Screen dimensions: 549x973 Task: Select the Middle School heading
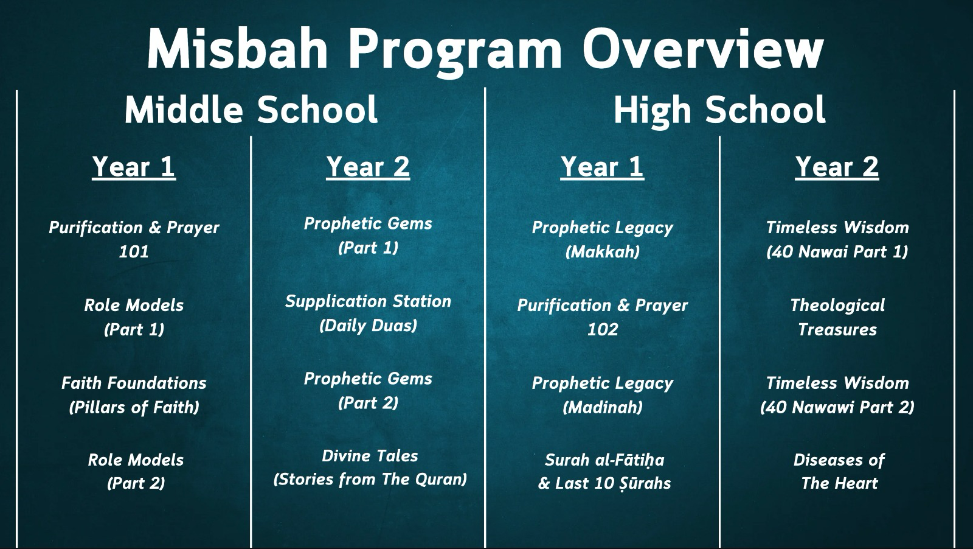pyautogui.click(x=251, y=110)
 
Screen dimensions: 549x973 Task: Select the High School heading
pyautogui.click(x=719, y=110)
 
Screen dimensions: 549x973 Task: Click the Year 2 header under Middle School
pyautogui.click(x=368, y=167)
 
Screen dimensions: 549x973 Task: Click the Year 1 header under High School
pyautogui.click(x=602, y=167)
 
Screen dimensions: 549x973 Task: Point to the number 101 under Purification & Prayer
pyautogui.click(x=134, y=251)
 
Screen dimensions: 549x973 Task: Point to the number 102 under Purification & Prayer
pyautogui.click(x=602, y=329)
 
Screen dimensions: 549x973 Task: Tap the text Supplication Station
pyautogui.click(x=368, y=301)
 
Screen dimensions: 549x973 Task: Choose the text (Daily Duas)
pyautogui.click(x=368, y=325)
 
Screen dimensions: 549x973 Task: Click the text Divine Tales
pyautogui.click(x=370, y=456)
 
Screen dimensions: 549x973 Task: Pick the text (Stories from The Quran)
pyautogui.click(x=370, y=480)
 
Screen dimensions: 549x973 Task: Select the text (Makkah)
pyautogui.click(x=602, y=251)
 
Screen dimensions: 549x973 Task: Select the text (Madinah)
pyautogui.click(x=602, y=407)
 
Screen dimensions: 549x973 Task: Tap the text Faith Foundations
pyautogui.click(x=134, y=383)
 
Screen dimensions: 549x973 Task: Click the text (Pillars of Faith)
pyautogui.click(x=134, y=407)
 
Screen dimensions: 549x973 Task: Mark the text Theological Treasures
pyautogui.click(x=837, y=317)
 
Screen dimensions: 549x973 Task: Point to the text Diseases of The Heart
pyautogui.click(x=839, y=472)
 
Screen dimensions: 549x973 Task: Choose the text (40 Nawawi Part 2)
pyautogui.click(x=837, y=407)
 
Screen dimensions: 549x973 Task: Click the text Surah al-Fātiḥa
pyautogui.click(x=604, y=460)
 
